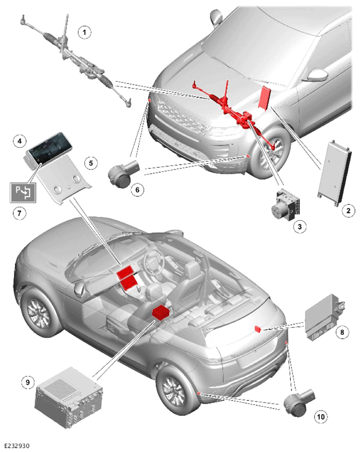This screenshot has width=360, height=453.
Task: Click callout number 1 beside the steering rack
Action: point(84,32)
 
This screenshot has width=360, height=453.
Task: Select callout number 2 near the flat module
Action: point(348,211)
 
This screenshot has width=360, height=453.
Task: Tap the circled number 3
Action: point(299,227)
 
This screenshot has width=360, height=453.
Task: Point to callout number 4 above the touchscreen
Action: point(20,141)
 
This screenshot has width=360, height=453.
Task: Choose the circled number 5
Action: point(91,163)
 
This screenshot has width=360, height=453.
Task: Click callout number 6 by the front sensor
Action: point(137,190)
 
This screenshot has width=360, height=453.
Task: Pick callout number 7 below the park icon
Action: point(20,213)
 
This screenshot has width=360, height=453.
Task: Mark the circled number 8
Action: point(342,332)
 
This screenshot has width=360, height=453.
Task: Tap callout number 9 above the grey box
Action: point(28,382)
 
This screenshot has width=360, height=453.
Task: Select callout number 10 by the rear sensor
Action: point(321,416)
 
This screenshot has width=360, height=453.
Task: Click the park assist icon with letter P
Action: point(23,192)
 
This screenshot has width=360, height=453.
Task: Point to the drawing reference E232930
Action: point(17,446)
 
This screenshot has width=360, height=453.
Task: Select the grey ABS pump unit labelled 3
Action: point(285,205)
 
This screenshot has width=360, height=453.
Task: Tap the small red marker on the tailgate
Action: point(257,329)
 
